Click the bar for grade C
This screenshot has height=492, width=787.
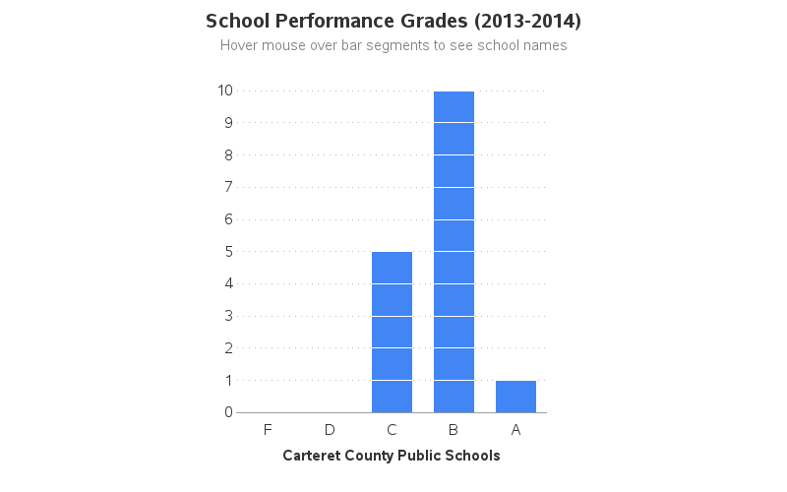(x=392, y=332)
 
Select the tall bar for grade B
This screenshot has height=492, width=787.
(x=454, y=252)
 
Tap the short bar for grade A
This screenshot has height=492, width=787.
(x=515, y=397)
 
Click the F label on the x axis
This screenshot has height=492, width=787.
(x=268, y=430)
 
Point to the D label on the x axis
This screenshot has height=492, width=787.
(x=330, y=430)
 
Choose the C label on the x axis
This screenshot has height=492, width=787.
(x=392, y=430)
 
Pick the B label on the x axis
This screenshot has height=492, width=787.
(x=454, y=430)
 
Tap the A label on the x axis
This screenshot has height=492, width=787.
(x=515, y=430)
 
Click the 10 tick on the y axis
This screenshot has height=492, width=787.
(x=225, y=91)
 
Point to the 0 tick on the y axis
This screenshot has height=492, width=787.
(x=228, y=412)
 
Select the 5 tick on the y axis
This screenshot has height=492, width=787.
(x=228, y=251)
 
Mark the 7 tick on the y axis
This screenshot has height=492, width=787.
(x=228, y=187)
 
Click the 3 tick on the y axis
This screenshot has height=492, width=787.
(x=228, y=316)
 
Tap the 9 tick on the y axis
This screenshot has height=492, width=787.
(x=228, y=123)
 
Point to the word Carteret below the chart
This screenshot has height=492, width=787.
(x=314, y=456)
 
